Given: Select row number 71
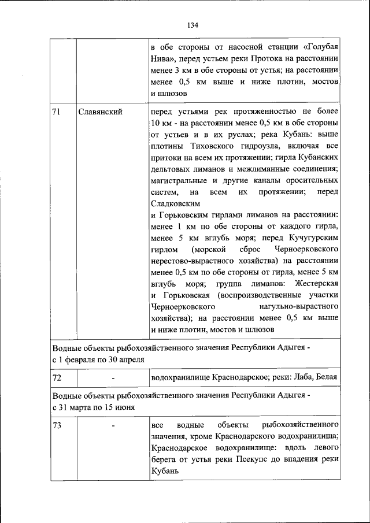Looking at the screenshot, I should click(x=57, y=112).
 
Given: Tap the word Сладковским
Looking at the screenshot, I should click(x=175, y=205).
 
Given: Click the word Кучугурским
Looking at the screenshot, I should click(x=312, y=238).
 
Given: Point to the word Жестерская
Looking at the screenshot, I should click(x=316, y=284).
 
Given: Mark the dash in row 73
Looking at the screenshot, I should click(x=113, y=426).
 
